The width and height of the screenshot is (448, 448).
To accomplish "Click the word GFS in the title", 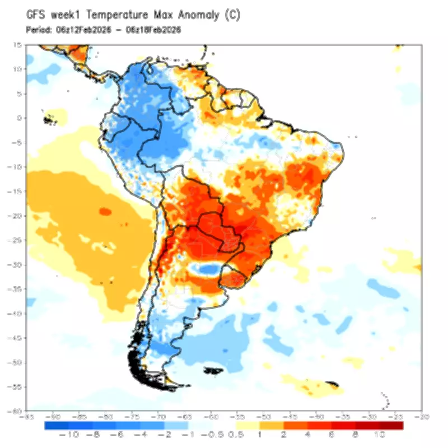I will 36,16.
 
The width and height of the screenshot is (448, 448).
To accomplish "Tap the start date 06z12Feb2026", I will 83,30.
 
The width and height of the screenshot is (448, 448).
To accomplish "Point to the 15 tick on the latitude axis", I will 18,45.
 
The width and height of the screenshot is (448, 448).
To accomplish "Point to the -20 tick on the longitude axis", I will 421,417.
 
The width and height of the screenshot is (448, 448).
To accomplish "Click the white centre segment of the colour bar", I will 224,425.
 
